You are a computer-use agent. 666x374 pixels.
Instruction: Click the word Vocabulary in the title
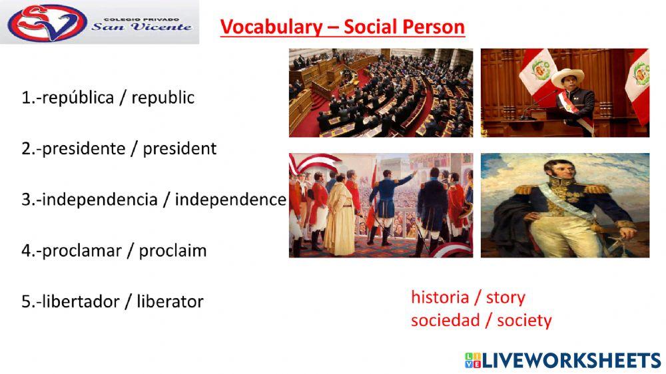point(272,27)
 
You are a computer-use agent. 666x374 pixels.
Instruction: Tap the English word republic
point(163,98)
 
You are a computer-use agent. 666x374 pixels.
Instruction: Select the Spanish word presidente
point(84,149)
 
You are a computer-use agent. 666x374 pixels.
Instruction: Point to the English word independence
point(230,199)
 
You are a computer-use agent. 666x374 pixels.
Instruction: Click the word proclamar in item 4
point(81,251)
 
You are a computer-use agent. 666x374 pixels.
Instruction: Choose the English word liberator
point(170,301)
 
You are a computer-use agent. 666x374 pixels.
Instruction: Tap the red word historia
point(440,297)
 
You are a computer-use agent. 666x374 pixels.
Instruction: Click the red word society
point(524,321)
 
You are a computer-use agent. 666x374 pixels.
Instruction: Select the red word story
point(505,297)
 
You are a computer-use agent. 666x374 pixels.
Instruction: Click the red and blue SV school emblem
point(47,22)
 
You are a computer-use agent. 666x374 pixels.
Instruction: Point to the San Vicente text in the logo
point(141,27)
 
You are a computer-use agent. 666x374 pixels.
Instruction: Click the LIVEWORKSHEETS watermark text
point(571,361)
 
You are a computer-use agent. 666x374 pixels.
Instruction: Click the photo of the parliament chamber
point(381,93)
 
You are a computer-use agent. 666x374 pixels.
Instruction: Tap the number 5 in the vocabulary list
point(26,301)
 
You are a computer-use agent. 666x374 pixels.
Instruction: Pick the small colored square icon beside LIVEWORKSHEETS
point(473,361)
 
